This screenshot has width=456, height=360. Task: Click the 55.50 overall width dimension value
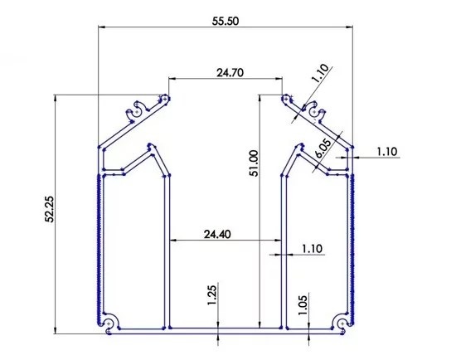point(226,22)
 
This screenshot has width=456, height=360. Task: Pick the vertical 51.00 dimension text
point(254,163)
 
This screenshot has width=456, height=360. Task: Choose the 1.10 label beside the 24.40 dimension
point(313,248)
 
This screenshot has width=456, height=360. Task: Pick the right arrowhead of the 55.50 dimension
point(352,27)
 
